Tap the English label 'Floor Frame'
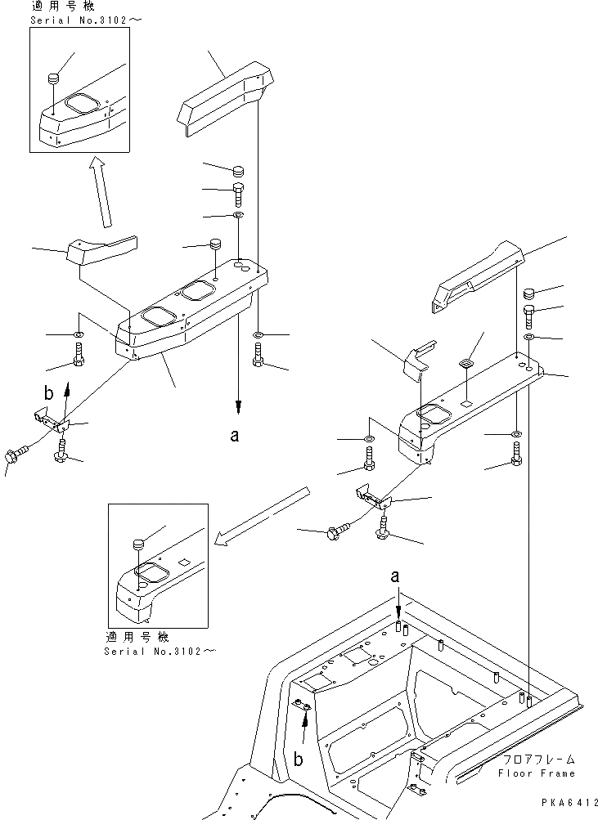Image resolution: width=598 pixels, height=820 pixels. [536, 773]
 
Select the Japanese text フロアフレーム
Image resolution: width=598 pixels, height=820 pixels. [537, 760]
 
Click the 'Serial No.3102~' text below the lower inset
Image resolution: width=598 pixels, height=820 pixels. [161, 651]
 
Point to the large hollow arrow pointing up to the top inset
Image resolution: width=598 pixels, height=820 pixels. [102, 194]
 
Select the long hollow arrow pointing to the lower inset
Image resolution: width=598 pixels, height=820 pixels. [262, 515]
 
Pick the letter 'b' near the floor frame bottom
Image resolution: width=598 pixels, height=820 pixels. [299, 759]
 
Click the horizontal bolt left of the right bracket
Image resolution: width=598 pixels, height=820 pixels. [336, 532]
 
